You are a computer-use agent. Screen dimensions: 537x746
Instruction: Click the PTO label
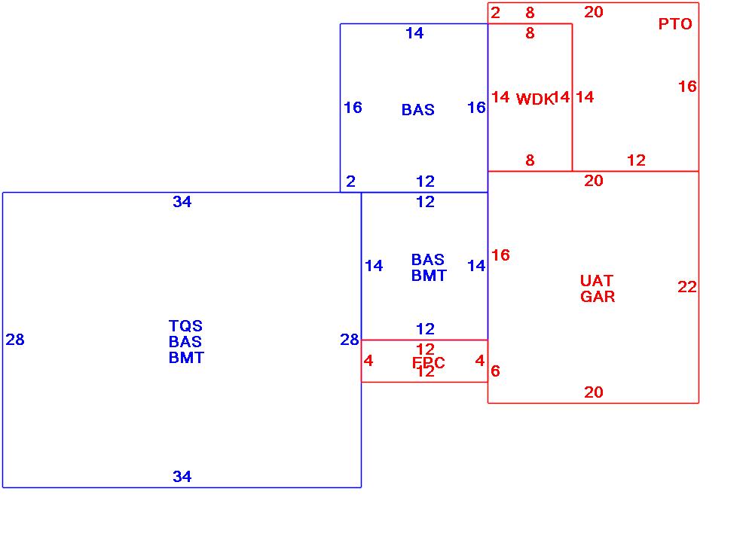675,24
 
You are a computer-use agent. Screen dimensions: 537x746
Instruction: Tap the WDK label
534,99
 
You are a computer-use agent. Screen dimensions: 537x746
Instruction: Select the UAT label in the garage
597,281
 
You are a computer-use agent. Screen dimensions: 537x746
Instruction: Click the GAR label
598,297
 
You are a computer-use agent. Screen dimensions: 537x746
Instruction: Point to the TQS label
185,326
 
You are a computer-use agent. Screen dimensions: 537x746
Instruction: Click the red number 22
687,287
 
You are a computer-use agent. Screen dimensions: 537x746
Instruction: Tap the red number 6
495,371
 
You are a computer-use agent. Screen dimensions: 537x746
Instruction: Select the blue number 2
351,182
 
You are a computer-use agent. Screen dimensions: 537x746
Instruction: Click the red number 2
495,12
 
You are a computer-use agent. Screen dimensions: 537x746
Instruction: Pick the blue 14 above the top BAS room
414,33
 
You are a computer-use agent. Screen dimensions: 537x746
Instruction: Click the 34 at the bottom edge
182,477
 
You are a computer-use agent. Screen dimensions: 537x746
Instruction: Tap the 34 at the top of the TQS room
182,202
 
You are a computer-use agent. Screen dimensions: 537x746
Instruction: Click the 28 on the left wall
15,340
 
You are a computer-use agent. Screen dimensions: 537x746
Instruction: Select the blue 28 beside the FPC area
350,340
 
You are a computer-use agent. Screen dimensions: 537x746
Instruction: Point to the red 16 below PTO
687,87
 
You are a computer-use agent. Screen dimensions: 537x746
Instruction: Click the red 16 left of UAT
500,255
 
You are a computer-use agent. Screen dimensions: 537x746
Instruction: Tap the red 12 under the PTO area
637,160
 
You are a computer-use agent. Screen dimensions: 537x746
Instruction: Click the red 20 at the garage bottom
594,392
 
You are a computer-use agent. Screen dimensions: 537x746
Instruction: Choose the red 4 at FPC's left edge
368,361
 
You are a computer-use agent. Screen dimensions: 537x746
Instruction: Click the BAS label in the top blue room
418,110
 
